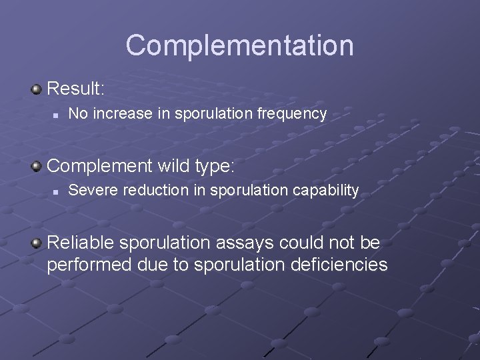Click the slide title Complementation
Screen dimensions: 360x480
239,45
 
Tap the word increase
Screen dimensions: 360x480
123,114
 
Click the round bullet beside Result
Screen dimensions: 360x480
36,89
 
